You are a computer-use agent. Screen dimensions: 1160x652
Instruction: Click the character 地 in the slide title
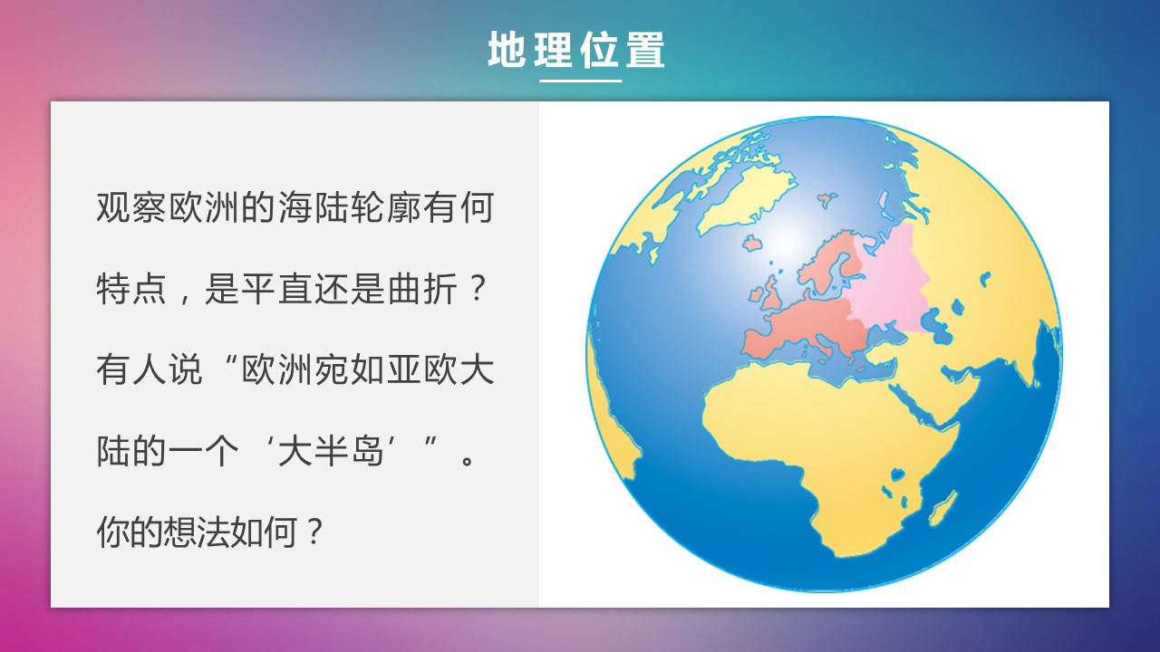coord(507,49)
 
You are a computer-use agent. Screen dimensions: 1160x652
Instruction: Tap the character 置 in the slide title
coord(644,49)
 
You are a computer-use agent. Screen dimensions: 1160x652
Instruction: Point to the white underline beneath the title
coord(581,81)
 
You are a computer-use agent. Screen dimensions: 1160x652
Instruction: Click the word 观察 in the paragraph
coord(131,208)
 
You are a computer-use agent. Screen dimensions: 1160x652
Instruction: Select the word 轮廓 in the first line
coord(386,208)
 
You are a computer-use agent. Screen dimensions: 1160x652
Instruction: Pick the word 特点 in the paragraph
coord(131,289)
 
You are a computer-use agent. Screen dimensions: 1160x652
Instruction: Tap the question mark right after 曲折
coord(477,289)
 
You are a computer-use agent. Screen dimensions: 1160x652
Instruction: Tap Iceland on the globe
coord(752,243)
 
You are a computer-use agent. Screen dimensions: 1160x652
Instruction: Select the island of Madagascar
coord(943,508)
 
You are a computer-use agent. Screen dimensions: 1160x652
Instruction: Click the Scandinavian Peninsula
coord(829,263)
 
